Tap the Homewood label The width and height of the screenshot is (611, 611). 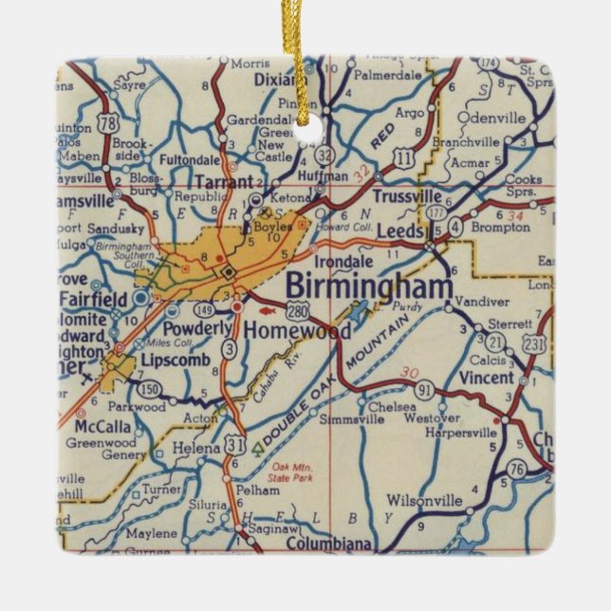point(297,330)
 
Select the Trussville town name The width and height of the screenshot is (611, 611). point(408,196)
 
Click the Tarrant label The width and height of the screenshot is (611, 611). point(223,181)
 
